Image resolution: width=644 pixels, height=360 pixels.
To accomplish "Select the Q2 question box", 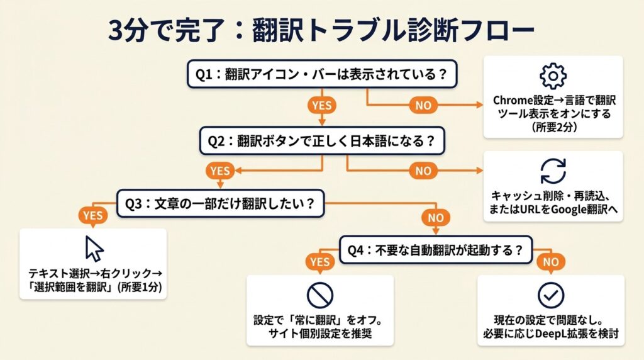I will pos(322,141).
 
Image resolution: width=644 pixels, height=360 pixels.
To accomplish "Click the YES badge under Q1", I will pos(321,105).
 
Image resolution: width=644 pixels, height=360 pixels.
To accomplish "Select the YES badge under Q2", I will pos(220,171).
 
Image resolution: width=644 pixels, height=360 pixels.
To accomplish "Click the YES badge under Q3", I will pos(92,215).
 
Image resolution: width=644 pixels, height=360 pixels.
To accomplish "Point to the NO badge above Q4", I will pos(436,218).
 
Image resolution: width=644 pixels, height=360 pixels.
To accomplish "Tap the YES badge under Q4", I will pos(319,261).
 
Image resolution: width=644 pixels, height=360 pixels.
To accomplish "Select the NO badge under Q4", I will pos(550,261).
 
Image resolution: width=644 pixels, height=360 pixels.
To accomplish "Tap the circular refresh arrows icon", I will pos(553,171).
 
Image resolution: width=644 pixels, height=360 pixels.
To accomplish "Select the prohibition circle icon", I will pos(319,294).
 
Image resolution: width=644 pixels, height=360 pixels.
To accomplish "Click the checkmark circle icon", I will pos(550,294).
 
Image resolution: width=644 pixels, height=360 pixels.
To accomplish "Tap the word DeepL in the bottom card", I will pos(560,334).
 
